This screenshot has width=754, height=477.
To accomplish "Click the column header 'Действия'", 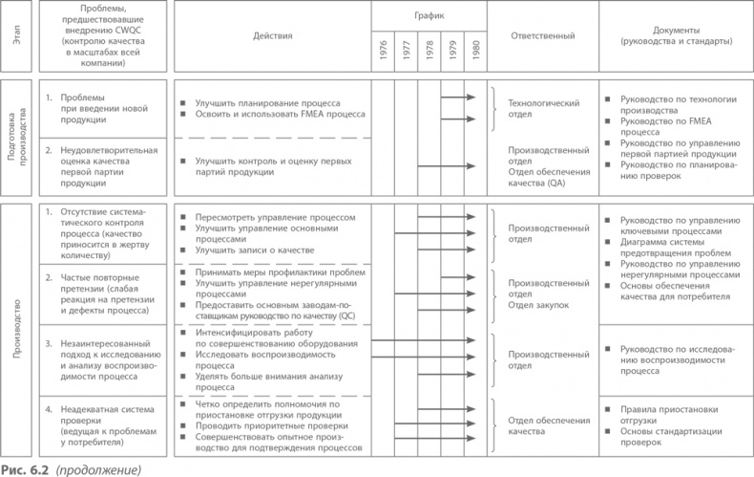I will click(273, 35).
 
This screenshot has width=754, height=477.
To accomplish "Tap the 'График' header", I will click(429, 16).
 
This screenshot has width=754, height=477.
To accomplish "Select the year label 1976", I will click(383, 52).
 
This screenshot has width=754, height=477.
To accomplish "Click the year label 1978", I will click(429, 52).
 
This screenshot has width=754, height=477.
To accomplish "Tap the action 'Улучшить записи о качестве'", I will click(255, 250).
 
